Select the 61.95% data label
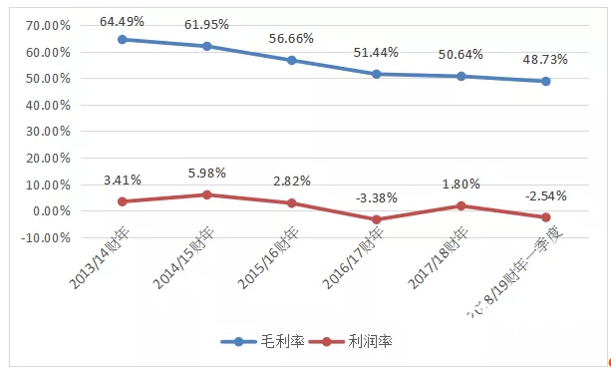click(x=207, y=21)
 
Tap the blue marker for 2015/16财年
click(x=292, y=60)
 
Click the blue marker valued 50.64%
click(x=461, y=76)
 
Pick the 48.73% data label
click(x=545, y=60)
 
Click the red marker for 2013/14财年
click(x=123, y=201)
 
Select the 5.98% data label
click(x=206, y=173)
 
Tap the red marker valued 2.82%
click(x=292, y=202)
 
